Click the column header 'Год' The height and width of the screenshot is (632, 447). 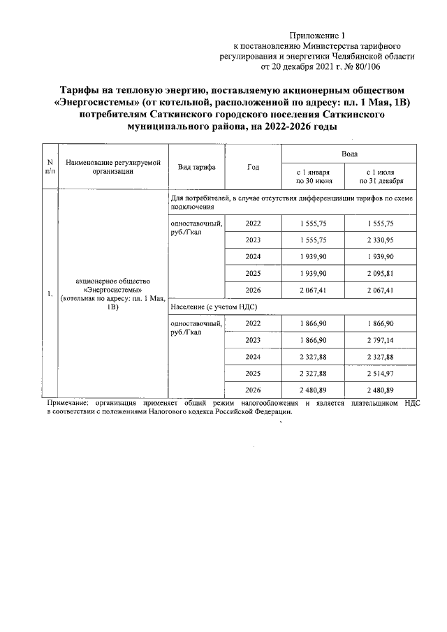pyautogui.click(x=253, y=167)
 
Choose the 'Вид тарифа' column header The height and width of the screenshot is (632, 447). pyautogui.click(x=196, y=167)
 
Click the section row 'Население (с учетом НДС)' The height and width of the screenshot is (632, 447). pyautogui.click(x=210, y=307)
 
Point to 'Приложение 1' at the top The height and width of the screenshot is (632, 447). pyautogui.click(x=318, y=36)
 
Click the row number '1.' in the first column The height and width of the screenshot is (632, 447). pyautogui.click(x=50, y=293)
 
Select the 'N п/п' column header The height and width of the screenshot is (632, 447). pyautogui.click(x=50, y=167)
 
